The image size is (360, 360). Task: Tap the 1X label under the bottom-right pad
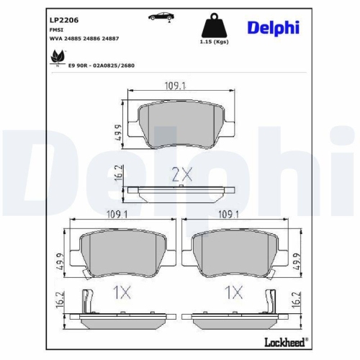(232, 293)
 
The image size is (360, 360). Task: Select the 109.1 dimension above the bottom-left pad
(117, 214)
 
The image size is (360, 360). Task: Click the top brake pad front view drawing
(180, 122)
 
